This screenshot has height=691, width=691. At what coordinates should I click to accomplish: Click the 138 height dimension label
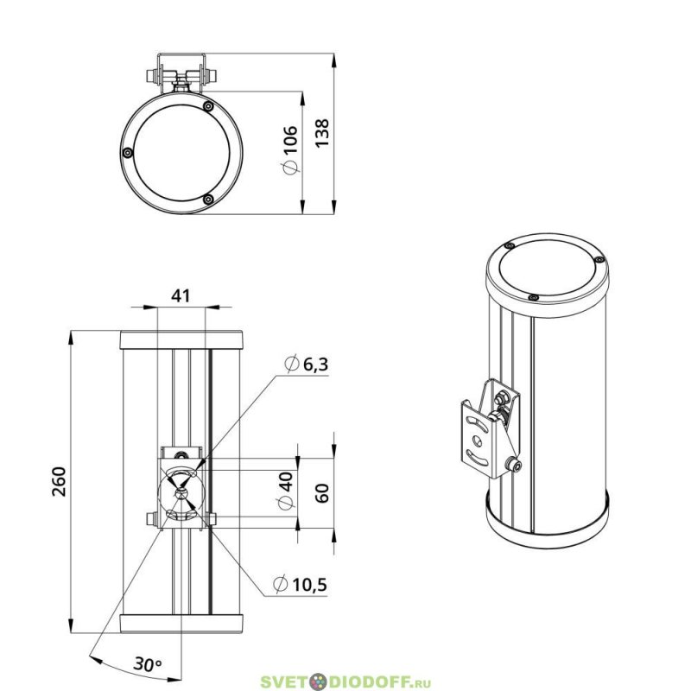(322, 133)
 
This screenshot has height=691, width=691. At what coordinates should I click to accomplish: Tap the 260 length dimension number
(59, 482)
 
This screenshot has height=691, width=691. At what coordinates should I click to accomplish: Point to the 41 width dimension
(181, 295)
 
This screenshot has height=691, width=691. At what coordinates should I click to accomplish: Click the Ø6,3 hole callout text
(307, 365)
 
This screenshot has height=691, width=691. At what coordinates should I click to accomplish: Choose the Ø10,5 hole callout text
(300, 585)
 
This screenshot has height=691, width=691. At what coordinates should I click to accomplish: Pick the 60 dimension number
(322, 492)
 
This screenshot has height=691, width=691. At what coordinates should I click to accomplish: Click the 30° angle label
(148, 663)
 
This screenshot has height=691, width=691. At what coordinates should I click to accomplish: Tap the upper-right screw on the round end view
(209, 106)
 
